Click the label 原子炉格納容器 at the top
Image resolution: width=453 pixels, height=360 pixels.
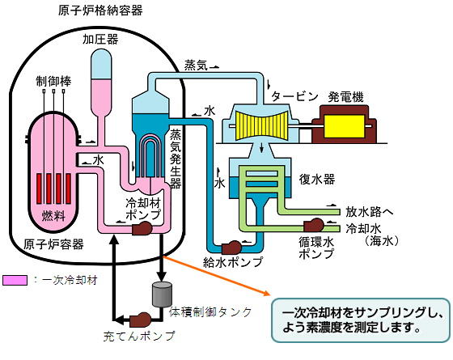coord(100,11)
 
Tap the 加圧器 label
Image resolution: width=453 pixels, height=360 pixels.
coord(100,39)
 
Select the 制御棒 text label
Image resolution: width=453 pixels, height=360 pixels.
coord(53,81)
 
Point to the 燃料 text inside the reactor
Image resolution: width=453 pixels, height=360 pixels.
coord(53,215)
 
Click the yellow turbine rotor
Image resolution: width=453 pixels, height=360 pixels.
coord(262,125)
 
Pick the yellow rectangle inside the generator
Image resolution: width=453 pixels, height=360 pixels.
coord(344,126)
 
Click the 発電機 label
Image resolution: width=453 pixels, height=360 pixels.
coord(345,97)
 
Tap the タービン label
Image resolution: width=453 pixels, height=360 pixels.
coord(294,96)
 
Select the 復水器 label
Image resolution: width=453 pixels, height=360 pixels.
coord(317,180)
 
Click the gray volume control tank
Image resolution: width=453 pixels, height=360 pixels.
coord(162,294)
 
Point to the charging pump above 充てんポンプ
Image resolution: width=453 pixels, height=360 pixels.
coord(141,320)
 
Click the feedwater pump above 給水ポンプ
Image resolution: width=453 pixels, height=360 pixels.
coord(231,248)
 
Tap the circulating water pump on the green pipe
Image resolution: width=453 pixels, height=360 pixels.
coord(314,226)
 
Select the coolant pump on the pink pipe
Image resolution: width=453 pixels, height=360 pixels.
coord(142,228)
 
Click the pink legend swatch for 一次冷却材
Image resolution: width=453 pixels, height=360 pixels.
coord(15,280)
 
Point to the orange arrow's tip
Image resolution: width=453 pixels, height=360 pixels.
coord(270,295)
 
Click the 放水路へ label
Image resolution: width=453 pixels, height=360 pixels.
coord(370,212)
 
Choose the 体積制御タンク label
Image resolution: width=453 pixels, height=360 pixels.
coord(210,312)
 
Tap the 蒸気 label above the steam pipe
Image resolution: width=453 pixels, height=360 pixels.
coord(196,66)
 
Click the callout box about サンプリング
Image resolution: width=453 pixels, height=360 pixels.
coord(361,320)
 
